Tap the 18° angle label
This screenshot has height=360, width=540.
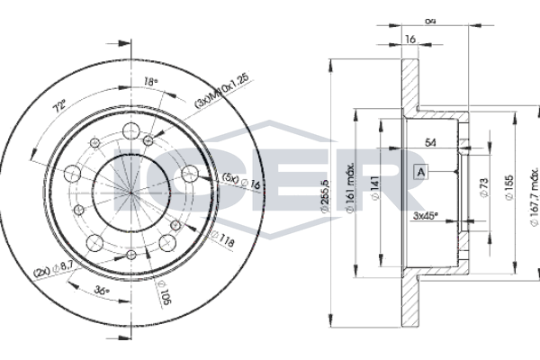click(151, 82)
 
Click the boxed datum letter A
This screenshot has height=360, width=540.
click(420, 170)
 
